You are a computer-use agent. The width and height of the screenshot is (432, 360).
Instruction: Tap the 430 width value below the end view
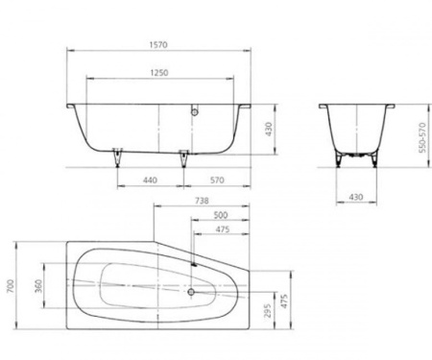[357, 196]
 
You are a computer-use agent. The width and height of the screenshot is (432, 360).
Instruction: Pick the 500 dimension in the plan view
[220, 216]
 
